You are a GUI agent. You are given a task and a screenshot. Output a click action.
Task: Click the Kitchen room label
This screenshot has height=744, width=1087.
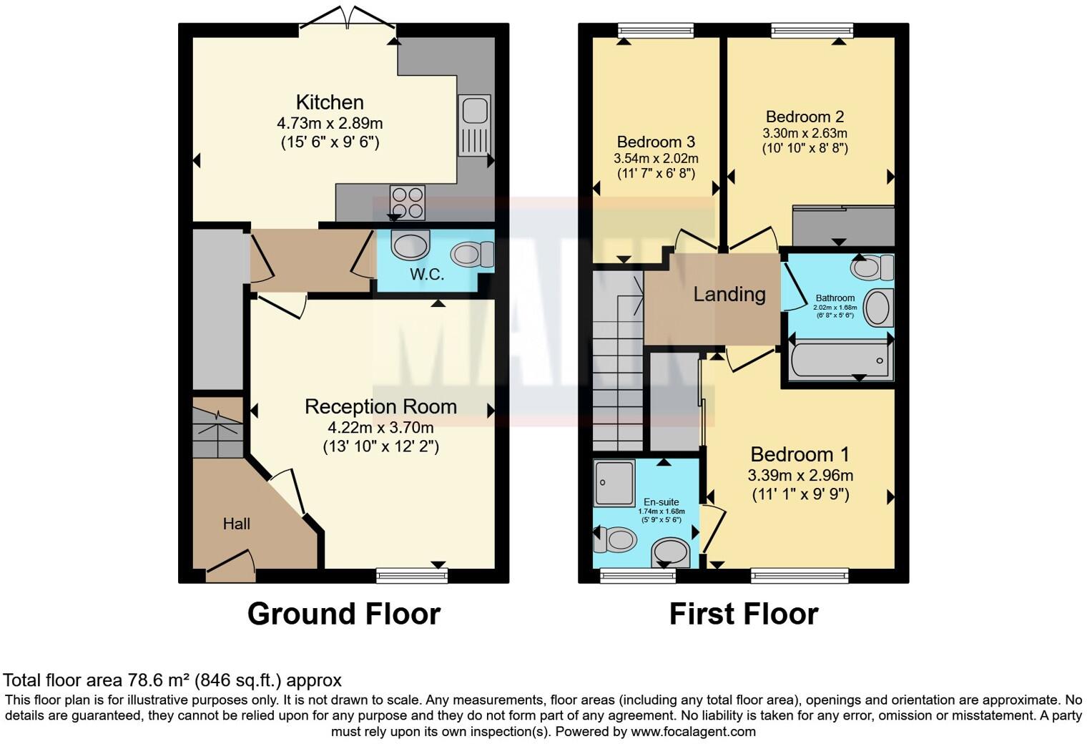tap(330, 102)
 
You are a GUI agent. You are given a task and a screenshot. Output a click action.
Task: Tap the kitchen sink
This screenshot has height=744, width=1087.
tap(474, 124)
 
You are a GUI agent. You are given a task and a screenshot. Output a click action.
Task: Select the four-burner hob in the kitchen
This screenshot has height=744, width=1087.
tap(407, 202)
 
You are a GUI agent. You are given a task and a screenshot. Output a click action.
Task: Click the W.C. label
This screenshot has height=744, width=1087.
tap(427, 274)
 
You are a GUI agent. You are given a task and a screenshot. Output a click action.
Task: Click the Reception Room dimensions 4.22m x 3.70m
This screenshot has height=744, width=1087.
tap(380, 428)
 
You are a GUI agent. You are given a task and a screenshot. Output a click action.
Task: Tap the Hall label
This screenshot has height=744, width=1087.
tap(236, 524)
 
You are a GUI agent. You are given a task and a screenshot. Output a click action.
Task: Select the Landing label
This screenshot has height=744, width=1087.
tap(729, 294)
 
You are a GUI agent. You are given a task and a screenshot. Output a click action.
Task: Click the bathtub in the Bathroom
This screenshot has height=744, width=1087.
tap(840, 361)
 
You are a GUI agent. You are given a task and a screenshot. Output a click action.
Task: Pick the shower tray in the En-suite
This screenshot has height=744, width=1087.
tap(614, 483)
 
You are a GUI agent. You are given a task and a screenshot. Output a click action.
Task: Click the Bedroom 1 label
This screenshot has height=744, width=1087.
tap(800, 454)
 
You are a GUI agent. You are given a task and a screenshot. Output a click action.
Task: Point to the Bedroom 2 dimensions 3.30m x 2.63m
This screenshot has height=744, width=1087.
tap(805, 133)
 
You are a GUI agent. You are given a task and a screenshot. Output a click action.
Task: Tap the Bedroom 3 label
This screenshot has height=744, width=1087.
tap(656, 142)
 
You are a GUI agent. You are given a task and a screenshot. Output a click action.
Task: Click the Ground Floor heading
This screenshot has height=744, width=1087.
tap(343, 614)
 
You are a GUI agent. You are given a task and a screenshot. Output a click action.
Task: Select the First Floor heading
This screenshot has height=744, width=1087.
tap(743, 614)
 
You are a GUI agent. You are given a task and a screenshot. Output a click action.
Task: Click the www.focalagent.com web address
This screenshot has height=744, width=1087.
tap(693, 731)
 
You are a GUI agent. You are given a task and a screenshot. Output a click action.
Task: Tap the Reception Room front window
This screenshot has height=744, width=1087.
tap(412, 575)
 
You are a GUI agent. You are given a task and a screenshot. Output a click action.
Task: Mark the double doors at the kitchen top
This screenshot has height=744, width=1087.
tap(348, 20)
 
